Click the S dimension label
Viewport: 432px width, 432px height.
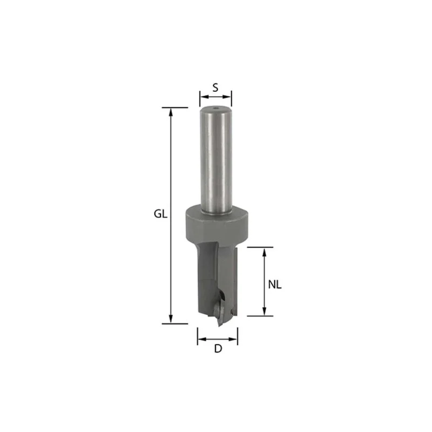point(215,87)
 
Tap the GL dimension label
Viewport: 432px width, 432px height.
point(160,214)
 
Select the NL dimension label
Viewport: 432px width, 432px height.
point(275,285)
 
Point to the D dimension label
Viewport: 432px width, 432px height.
point(218,349)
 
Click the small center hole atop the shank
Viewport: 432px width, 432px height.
point(215,109)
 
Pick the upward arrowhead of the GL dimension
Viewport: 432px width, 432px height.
point(171,112)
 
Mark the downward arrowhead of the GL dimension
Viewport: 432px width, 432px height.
point(171,320)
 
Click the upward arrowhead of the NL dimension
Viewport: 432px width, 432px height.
point(264,252)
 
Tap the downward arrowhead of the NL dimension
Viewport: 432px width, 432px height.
point(264,312)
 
